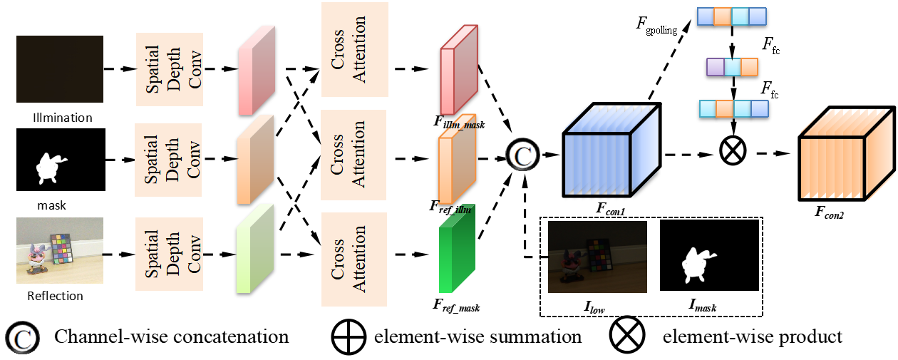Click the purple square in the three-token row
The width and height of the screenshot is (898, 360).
[715, 67]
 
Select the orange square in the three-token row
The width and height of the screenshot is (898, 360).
[749, 67]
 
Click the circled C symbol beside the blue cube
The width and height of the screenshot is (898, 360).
[522, 155]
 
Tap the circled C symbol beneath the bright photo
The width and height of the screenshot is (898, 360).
[22, 337]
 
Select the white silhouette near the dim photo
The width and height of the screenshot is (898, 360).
[697, 265]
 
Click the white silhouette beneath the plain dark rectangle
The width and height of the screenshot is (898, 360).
[51, 168]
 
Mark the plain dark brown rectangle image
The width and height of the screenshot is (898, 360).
[60, 69]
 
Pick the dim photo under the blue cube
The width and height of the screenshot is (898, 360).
[597, 257]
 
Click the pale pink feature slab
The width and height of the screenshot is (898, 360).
[256, 71]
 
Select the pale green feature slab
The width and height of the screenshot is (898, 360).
[254, 249]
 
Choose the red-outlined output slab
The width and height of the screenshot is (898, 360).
[458, 70]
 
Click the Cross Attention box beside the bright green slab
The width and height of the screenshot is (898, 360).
[354, 259]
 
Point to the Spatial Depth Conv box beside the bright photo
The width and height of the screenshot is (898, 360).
[170, 254]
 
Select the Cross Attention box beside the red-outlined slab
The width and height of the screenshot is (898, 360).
[354, 49]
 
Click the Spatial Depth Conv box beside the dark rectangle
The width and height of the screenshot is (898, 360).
[170, 69]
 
